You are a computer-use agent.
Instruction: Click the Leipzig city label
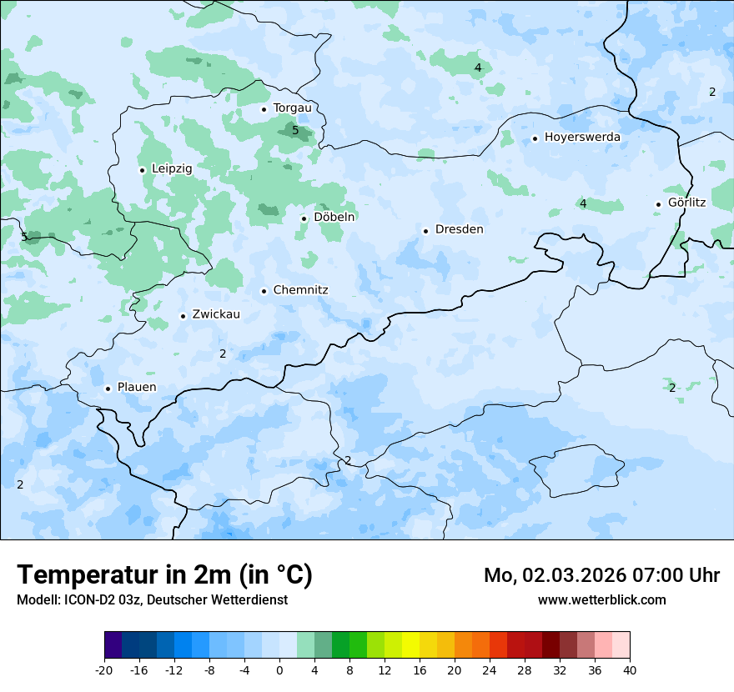172,168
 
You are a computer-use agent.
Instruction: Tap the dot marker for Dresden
425,231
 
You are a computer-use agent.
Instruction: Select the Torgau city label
292,108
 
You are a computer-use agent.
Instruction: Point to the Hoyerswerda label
582,137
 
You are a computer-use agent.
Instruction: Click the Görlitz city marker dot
658,204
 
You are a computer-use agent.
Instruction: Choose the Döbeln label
334,217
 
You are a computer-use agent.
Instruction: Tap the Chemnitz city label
300,290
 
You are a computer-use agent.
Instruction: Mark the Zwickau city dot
183,316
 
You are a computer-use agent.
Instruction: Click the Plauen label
137,387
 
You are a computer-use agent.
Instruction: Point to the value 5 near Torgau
295,130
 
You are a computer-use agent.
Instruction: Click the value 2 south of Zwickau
223,354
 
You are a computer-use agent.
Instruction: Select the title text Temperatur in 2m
165,574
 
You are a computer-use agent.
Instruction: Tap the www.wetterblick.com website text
601,599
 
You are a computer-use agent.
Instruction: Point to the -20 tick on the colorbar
104,669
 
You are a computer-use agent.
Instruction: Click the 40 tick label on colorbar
629,669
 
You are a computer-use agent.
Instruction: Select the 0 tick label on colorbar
279,669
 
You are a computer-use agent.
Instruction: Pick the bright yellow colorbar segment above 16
410,645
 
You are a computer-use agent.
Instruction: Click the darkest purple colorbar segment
113,645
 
